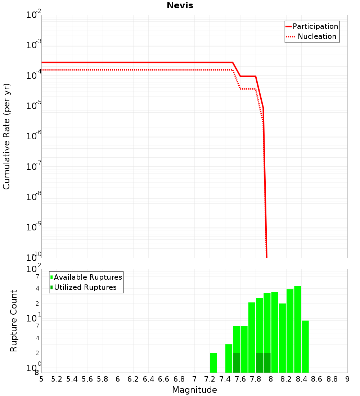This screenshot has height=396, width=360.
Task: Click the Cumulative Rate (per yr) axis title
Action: tap(6, 136)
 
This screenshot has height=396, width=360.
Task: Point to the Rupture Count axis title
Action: tap(14, 320)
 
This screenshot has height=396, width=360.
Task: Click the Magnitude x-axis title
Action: tap(194, 390)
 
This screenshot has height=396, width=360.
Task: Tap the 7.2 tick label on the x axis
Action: tap(210, 379)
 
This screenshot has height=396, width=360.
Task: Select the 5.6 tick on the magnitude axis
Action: tap(87, 379)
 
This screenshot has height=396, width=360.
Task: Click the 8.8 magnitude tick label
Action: tap(332, 379)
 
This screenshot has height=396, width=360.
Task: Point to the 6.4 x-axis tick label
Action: tap(148, 379)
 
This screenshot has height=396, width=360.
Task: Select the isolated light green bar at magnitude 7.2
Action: tap(213, 363)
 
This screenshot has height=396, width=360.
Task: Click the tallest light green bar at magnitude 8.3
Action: tap(298, 329)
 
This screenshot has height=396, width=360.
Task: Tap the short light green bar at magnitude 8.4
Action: tap(305, 346)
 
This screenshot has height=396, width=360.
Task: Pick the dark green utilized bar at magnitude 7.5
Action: tap(237, 363)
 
